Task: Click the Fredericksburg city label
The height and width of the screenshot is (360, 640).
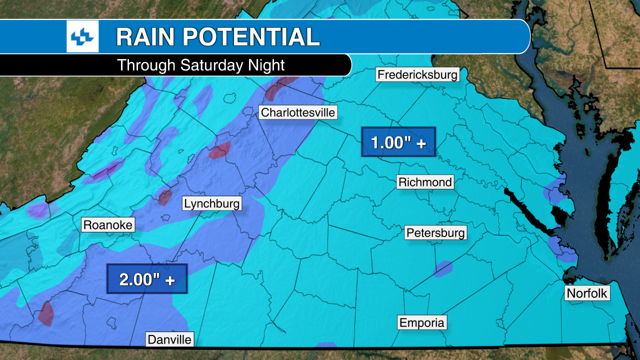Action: (417, 75)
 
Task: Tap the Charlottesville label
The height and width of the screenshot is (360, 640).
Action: (298, 112)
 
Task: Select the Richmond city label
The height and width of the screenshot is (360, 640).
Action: (425, 182)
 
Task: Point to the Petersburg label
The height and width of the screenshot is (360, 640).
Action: (435, 232)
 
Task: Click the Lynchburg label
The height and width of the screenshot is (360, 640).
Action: (212, 203)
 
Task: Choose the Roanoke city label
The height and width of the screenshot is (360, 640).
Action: (108, 225)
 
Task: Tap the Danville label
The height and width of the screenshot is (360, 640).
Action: (169, 339)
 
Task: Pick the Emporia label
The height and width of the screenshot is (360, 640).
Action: (422, 322)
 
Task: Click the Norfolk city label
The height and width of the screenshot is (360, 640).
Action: (587, 293)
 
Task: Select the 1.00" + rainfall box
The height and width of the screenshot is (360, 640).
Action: (398, 142)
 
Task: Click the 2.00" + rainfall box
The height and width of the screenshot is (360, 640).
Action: (147, 278)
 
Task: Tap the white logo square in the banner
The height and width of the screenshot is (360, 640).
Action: (82, 37)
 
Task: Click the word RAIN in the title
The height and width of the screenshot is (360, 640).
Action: (145, 37)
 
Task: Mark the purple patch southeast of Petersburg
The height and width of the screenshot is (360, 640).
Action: (443, 268)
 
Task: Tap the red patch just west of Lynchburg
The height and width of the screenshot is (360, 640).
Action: (165, 197)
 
